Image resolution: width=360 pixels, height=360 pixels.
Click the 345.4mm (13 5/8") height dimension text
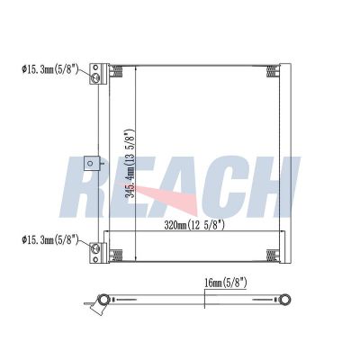click(x=130, y=164)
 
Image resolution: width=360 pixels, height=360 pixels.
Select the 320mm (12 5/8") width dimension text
click(x=194, y=225)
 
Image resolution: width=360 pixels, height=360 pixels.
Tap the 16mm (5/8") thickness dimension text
click(x=226, y=283)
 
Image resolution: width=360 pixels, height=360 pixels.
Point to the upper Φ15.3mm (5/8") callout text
click(x=50, y=70)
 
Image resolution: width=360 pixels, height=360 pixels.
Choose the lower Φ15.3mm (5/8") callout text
click(x=50, y=239)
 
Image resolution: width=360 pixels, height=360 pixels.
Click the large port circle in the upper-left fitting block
click(x=95, y=77)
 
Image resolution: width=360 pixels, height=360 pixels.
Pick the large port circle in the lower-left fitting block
click(x=95, y=248)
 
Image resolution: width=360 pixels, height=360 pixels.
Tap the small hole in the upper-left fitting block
click(x=95, y=67)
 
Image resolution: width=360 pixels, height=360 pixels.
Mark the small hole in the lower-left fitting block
click(x=95, y=259)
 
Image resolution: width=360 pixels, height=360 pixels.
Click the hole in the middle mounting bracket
click(x=90, y=163)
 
